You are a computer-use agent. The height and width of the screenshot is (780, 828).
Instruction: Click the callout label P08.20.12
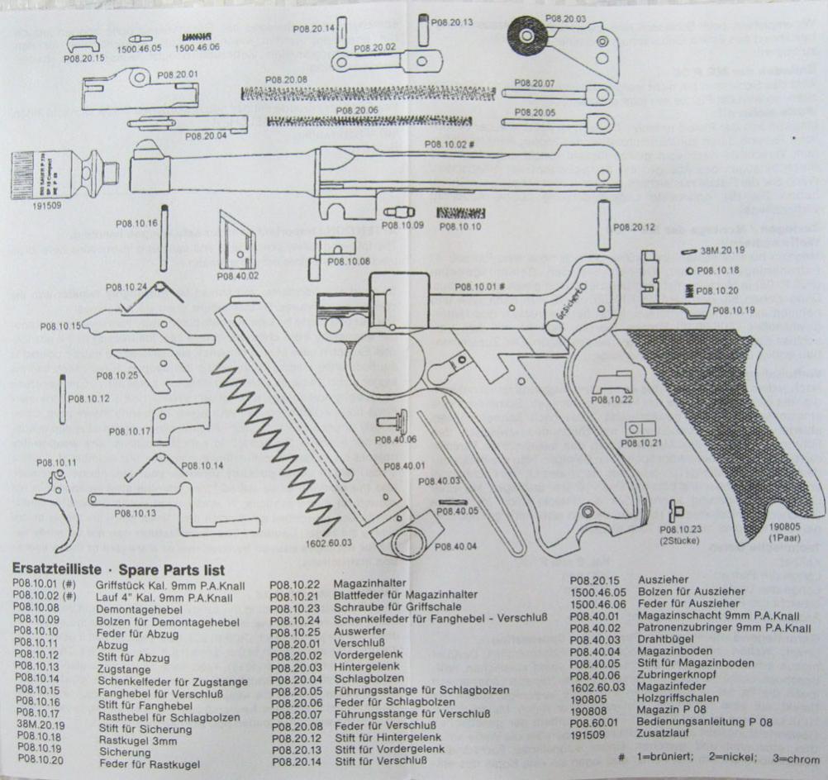[x=635, y=227]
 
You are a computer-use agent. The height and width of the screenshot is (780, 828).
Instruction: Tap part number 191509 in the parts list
[x=589, y=733]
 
